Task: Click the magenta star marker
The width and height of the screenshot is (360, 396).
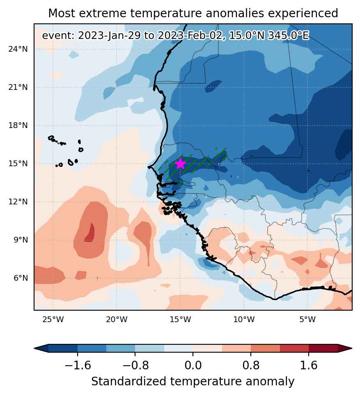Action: click(x=180, y=164)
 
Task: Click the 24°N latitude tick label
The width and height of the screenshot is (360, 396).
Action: click(x=18, y=49)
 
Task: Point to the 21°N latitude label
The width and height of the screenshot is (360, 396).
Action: click(x=18, y=87)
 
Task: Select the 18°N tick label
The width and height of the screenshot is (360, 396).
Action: click(x=18, y=126)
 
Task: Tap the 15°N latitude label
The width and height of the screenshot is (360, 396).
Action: click(x=18, y=164)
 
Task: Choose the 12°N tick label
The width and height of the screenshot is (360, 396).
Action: click(x=18, y=202)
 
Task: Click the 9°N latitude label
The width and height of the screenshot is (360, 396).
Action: click(x=21, y=240)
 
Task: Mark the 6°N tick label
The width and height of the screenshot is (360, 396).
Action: click(x=21, y=278)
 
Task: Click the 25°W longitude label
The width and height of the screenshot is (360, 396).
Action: click(x=53, y=320)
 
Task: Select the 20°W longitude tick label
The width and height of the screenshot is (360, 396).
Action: click(x=117, y=320)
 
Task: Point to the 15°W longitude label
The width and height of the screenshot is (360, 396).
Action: click(x=180, y=320)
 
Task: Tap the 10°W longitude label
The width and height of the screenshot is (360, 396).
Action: click(x=244, y=320)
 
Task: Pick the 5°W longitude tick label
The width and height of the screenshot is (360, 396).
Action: click(x=308, y=320)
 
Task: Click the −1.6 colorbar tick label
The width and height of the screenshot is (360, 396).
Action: click(x=78, y=366)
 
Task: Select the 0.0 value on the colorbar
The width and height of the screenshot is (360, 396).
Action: click(x=193, y=366)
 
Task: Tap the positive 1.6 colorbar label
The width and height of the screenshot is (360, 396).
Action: click(x=308, y=366)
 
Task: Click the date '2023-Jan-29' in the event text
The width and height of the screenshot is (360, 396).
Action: click(x=109, y=36)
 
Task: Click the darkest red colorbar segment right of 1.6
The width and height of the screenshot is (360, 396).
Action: click(x=323, y=348)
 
